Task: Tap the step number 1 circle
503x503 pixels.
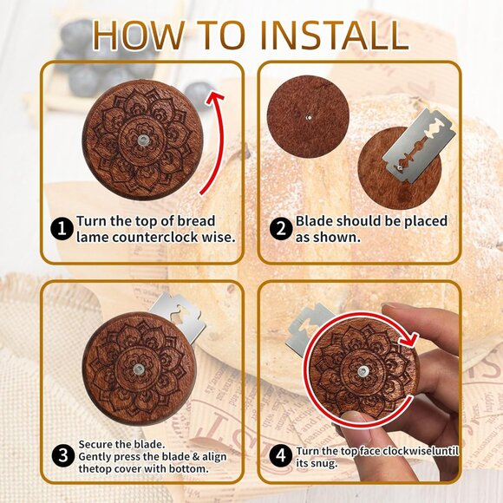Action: click(61, 229)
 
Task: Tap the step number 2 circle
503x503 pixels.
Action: click(280, 229)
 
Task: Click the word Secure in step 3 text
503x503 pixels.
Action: click(95, 443)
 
